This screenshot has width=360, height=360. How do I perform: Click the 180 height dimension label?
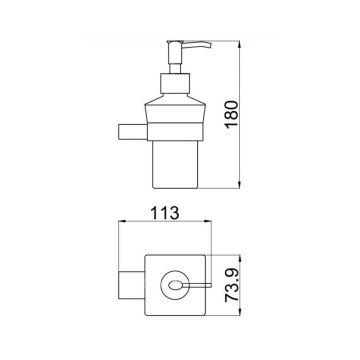[232, 114]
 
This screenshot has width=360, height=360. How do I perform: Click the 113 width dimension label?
[165, 213]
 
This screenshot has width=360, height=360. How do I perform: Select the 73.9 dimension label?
[232, 285]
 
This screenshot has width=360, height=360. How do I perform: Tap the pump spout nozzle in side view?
[198, 45]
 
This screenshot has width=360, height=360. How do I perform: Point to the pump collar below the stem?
[175, 83]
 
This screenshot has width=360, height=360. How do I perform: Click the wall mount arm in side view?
[133, 131]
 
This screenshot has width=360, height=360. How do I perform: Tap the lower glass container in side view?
[175, 164]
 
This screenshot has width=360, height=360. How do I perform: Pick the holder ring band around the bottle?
[175, 131]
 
